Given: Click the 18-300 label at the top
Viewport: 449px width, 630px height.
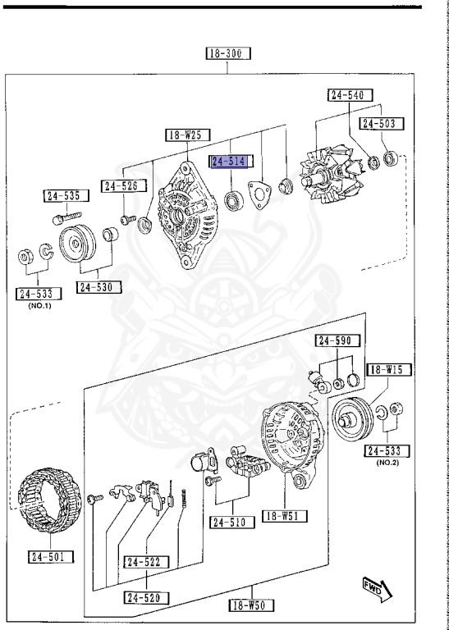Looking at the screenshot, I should click(x=229, y=54).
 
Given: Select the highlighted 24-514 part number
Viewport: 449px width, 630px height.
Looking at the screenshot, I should click(x=232, y=162).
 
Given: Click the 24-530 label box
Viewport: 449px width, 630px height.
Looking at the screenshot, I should click(x=99, y=287).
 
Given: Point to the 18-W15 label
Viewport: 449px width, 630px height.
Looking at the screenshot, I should click(x=385, y=369).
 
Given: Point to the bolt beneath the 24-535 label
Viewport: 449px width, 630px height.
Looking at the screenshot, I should click(x=59, y=218).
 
